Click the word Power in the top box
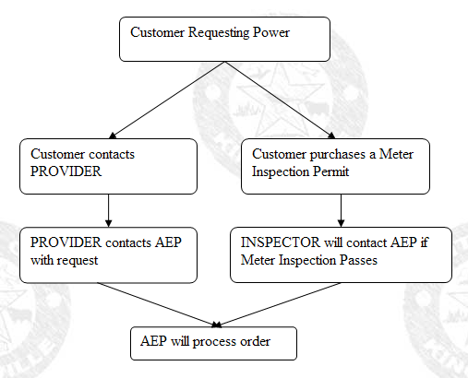271,32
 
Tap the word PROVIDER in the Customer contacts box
66,171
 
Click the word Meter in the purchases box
396,154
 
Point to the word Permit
330,171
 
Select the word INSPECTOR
281,242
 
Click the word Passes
358,260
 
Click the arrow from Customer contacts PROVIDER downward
108,210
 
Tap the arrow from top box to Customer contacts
167,100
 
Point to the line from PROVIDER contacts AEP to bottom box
157,304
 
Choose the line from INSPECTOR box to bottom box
279,304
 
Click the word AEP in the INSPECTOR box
403,242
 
